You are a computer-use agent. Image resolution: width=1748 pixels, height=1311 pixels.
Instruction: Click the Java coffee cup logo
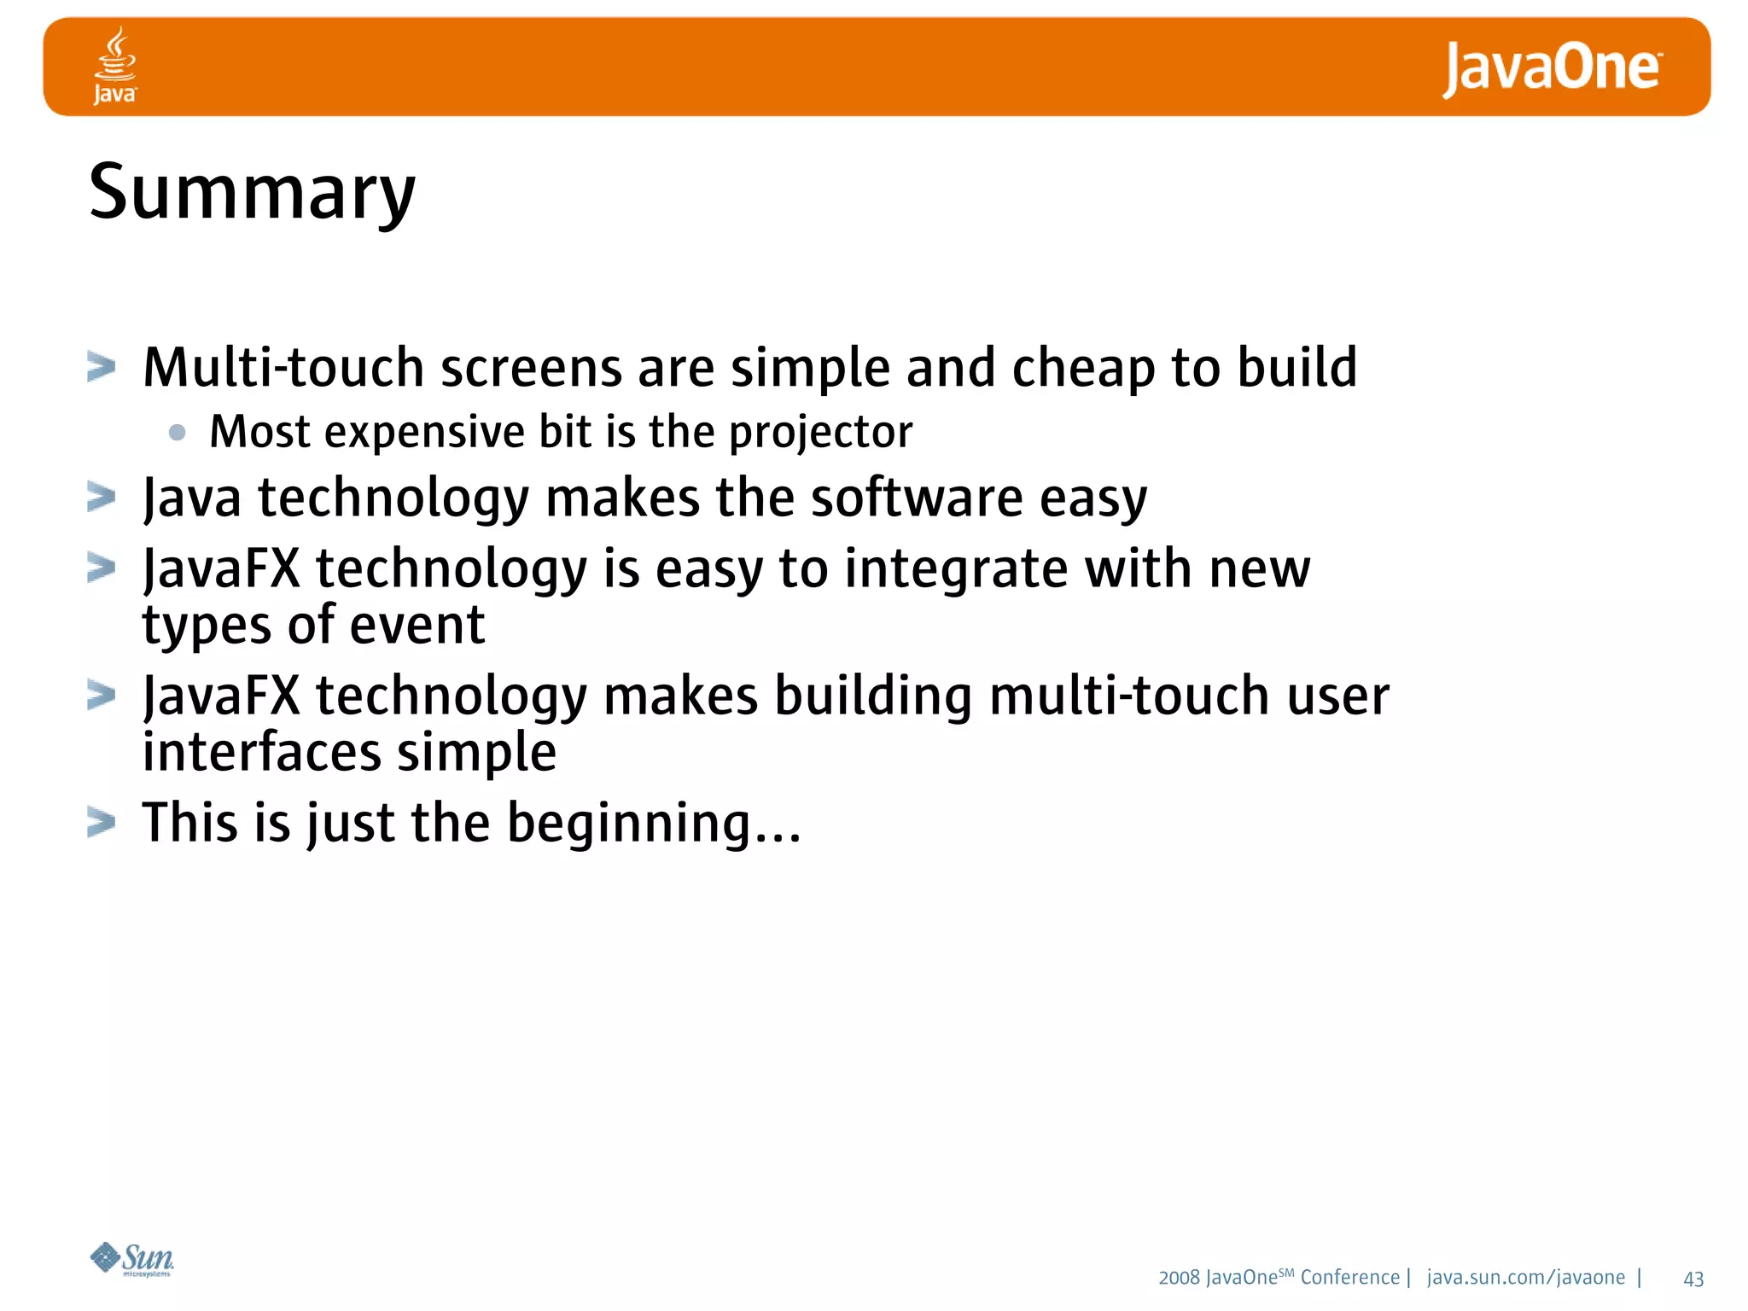(114, 65)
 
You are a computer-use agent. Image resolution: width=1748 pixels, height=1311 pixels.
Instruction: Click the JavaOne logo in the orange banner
(1552, 68)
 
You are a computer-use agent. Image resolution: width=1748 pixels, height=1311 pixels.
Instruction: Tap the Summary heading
(252, 193)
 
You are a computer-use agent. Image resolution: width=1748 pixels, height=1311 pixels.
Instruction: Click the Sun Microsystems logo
(132, 1259)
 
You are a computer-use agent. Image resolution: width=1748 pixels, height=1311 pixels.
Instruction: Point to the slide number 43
(1693, 1279)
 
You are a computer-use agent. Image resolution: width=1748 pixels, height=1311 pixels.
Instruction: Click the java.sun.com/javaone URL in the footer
(1525, 1277)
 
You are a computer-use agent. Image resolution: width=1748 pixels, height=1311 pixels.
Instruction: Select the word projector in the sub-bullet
(820, 432)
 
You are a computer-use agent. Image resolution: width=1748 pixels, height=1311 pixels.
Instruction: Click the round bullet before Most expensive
(178, 432)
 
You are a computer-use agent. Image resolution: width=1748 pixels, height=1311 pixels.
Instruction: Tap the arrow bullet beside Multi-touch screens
(102, 367)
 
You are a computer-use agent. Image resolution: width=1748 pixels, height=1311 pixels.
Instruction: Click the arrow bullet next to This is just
(102, 823)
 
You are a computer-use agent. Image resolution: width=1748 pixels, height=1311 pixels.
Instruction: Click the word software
(916, 498)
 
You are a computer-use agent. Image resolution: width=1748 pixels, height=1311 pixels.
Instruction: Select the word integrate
(955, 569)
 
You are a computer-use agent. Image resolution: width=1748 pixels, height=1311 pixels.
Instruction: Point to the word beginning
(630, 824)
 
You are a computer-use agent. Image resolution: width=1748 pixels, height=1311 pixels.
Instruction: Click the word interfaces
(261, 753)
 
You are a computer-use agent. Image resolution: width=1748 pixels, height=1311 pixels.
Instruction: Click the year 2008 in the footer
(1179, 1278)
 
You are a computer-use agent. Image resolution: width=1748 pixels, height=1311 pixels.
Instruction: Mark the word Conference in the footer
(1349, 1277)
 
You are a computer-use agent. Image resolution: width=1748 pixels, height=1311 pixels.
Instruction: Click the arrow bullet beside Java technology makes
(102, 497)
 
